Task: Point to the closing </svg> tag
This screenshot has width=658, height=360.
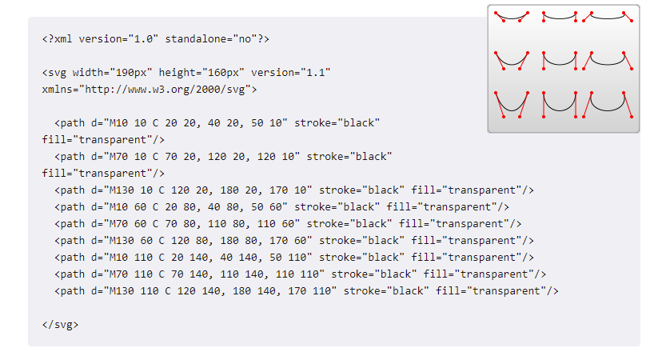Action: (x=60, y=325)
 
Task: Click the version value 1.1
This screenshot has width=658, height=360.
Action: (x=313, y=73)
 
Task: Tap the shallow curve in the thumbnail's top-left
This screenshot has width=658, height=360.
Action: (x=511, y=18)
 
